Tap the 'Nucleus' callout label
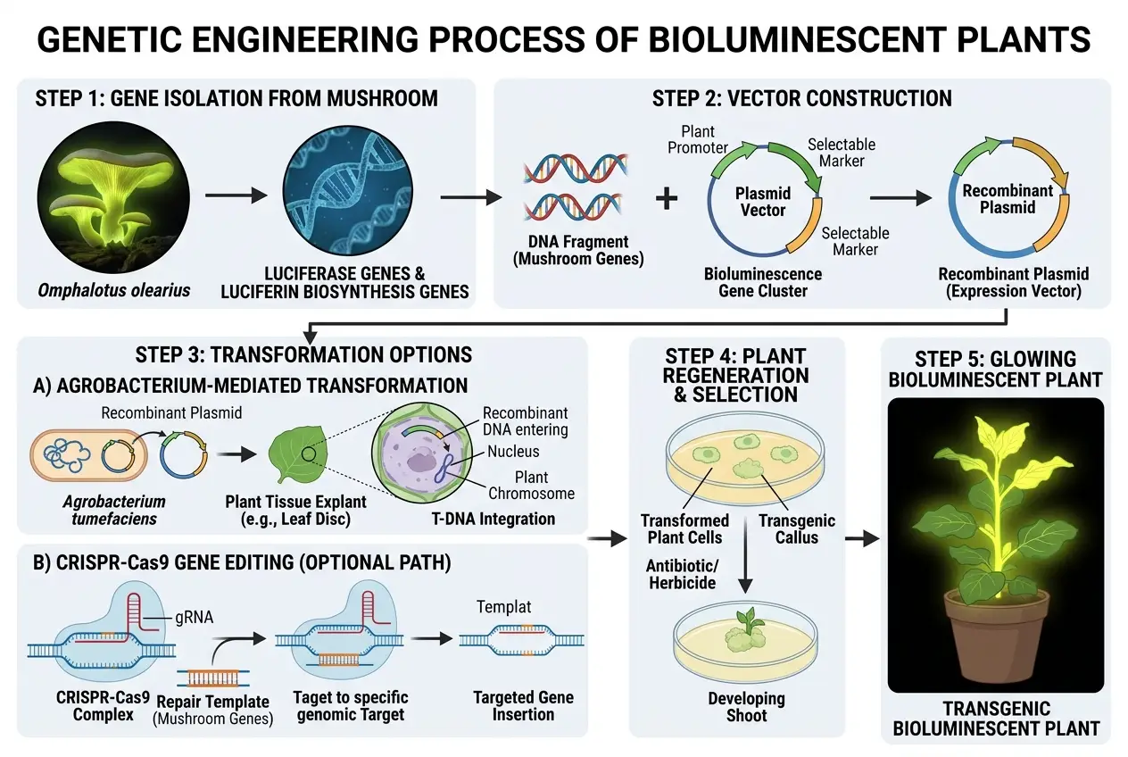[512, 452]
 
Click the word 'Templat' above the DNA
[503, 607]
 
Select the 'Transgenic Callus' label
[796, 528]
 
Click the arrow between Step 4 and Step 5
[861, 539]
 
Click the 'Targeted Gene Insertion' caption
[523, 706]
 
